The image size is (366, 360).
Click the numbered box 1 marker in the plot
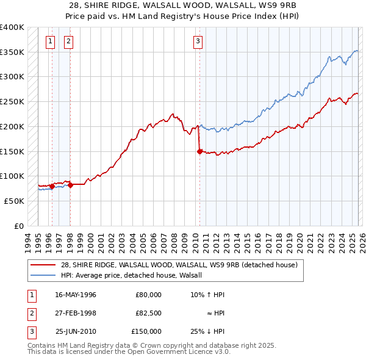click(x=50, y=41)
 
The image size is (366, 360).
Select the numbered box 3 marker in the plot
click(x=198, y=41)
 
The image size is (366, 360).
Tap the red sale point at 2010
click(x=199, y=152)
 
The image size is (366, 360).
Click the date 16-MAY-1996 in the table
click(x=76, y=294)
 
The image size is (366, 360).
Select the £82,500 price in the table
click(x=148, y=313)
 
